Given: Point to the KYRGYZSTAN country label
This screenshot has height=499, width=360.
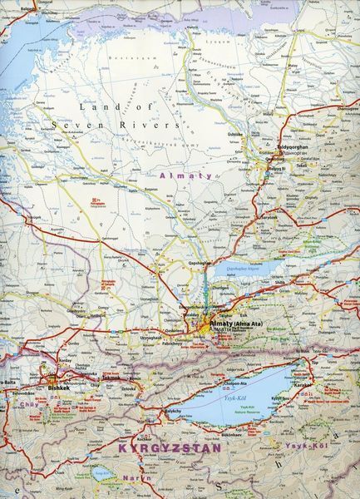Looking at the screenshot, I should [x=170, y=447].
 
